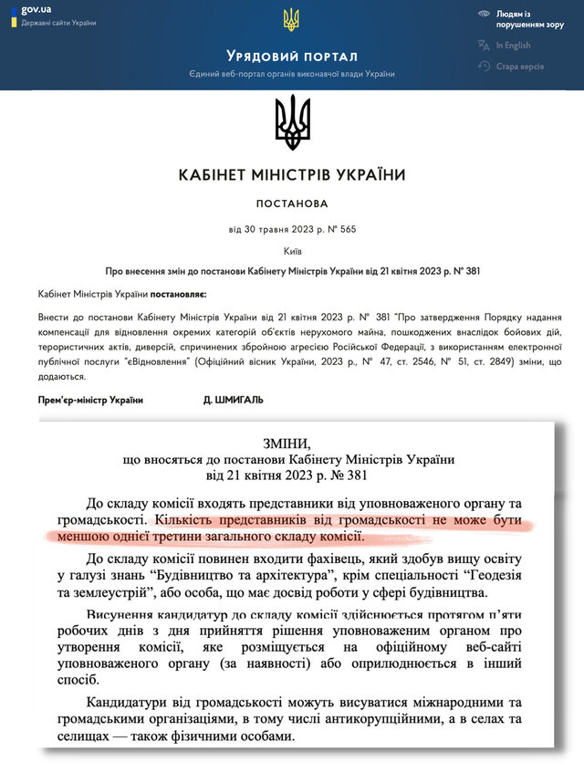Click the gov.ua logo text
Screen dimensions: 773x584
click(x=36, y=8)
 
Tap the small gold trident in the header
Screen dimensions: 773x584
click(x=291, y=19)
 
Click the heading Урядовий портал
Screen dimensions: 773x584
click(x=292, y=57)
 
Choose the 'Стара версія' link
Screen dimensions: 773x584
click(x=520, y=67)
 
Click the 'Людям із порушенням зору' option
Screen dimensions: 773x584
click(x=526, y=20)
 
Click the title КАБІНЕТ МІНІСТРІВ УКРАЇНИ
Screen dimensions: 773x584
click(x=292, y=174)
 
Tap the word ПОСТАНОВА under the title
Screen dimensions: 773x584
click(x=292, y=203)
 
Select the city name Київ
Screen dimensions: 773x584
click(x=292, y=249)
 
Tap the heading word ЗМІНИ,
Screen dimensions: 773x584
click(x=292, y=441)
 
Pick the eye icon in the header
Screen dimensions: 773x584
click(x=483, y=15)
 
